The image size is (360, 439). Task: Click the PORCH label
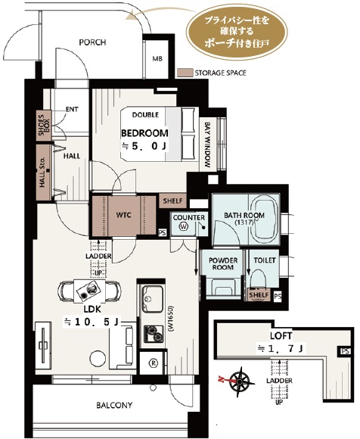click(x=92, y=42)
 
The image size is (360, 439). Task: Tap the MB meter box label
click(x=157, y=59)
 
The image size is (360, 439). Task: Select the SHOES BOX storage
click(x=44, y=126)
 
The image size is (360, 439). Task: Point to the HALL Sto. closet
click(x=44, y=173)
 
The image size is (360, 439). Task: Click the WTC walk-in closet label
click(x=123, y=215)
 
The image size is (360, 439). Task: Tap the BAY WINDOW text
click(x=207, y=145)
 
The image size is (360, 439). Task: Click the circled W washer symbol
click(x=184, y=226)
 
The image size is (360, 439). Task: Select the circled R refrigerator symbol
click(x=154, y=363)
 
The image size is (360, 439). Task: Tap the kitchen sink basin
click(x=153, y=298)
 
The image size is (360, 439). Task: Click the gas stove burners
click(x=154, y=334)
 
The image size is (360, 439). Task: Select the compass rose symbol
click(x=239, y=382)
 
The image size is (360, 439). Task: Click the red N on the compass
click(x=221, y=380)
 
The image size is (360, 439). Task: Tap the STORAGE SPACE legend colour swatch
click(x=185, y=73)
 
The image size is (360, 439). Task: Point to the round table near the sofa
click(x=98, y=358)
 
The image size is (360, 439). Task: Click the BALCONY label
click(x=114, y=405)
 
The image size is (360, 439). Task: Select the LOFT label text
click(x=281, y=336)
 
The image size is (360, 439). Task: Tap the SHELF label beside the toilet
click(x=259, y=295)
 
